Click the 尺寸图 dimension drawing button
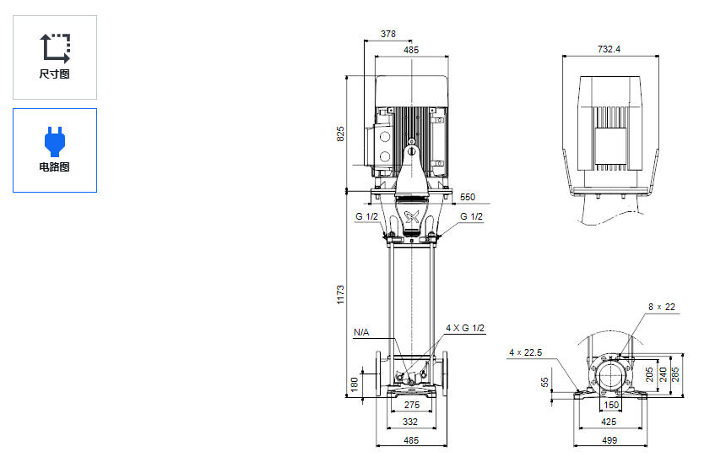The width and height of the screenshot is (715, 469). click(55, 57)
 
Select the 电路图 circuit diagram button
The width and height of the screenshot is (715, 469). click(55, 150)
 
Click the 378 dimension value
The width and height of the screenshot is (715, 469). click(387, 35)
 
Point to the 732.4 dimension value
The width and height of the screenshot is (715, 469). click(609, 50)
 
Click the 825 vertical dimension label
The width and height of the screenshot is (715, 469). click(341, 134)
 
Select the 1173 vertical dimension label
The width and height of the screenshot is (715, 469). click(341, 294)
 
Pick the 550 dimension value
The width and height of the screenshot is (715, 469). click(467, 197)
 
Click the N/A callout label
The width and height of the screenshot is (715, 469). click(360, 332)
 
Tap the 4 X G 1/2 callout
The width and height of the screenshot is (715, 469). click(465, 328)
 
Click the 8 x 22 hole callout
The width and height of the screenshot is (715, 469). click(662, 307)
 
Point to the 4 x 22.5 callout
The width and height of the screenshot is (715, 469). click(525, 352)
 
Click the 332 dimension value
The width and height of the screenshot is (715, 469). click(410, 422)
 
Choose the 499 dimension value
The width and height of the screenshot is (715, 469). click(609, 440)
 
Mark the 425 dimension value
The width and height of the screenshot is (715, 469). click(609, 422)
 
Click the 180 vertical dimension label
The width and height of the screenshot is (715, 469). click(354, 384)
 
